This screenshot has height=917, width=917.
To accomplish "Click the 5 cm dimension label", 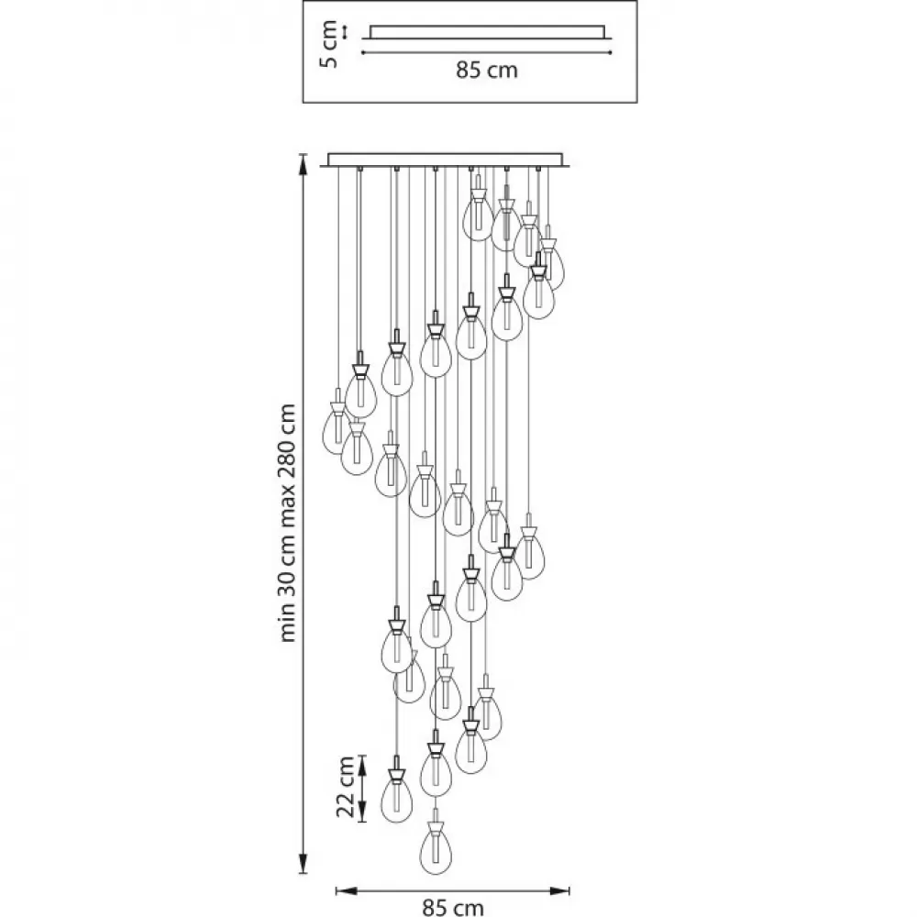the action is click(330, 44).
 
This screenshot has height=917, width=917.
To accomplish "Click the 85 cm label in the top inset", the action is click(487, 71).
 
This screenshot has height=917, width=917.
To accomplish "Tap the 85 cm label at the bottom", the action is click(453, 908).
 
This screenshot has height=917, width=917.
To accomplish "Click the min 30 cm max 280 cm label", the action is click(288, 523).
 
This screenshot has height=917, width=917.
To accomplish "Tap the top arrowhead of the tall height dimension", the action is click(303, 164).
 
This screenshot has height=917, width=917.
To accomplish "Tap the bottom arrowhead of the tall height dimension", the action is click(303, 863).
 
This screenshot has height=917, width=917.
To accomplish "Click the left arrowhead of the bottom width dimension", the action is click(347, 891).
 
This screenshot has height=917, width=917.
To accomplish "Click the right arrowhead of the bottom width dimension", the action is click(559, 891).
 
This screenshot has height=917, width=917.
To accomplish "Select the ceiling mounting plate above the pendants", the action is click(445, 160).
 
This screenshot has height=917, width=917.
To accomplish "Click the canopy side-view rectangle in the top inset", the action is click(487, 32).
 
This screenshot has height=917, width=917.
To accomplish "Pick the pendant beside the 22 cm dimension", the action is click(396, 790).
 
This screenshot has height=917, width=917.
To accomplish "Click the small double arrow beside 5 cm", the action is click(345, 32).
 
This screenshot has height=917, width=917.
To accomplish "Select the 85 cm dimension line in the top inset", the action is click(487, 52).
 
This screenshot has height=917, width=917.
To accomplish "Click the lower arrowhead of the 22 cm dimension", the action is click(362, 812).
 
